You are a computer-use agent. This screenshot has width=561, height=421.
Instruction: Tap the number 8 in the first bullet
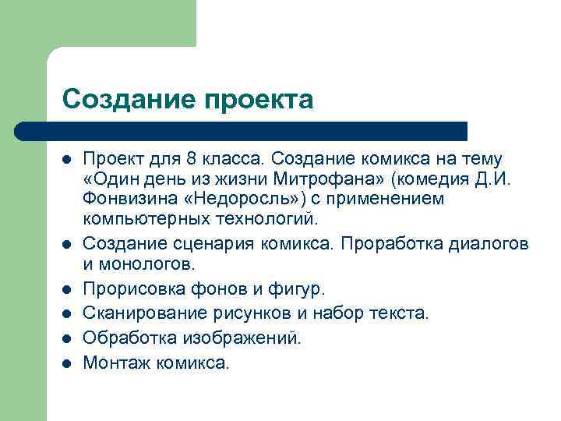pos(192,158)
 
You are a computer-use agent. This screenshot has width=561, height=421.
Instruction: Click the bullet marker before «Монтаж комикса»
pos(68,363)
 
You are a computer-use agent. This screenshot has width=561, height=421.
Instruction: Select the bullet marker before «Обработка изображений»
pos(68,338)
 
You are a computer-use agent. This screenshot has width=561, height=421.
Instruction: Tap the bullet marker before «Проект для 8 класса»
pos(68,158)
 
